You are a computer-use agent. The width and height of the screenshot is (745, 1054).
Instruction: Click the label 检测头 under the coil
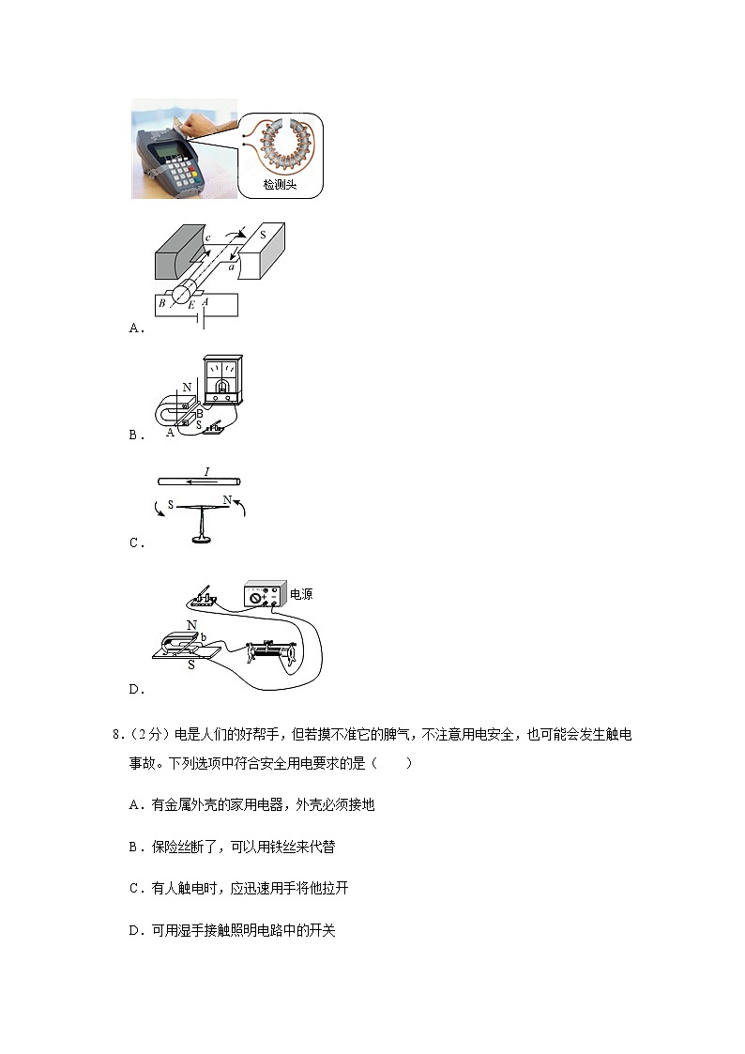[280, 185]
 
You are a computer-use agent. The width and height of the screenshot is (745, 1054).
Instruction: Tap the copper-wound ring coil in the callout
[281, 147]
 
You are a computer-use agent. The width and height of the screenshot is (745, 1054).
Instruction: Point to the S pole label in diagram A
[262, 234]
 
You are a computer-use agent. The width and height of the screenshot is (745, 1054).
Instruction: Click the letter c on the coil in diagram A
[206, 240]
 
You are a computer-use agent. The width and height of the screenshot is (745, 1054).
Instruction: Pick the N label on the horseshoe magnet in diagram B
[187, 386]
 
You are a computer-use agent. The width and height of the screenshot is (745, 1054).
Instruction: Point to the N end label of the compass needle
[227, 500]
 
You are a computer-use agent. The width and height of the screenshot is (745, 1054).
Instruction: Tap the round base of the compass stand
[200, 540]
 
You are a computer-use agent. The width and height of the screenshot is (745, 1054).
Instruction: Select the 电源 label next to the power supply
[300, 594]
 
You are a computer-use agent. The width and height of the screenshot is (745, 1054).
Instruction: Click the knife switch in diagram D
[205, 597]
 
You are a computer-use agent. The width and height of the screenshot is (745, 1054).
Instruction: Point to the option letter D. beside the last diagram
[136, 690]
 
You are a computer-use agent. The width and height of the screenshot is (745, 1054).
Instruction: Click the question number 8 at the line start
[116, 735]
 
